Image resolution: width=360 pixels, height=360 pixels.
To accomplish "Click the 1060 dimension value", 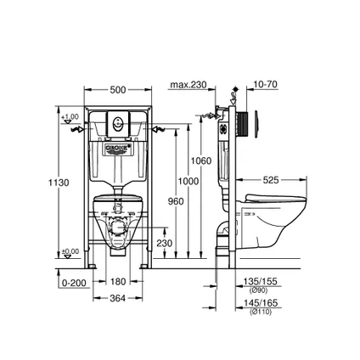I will pyautogui.click(x=201, y=161).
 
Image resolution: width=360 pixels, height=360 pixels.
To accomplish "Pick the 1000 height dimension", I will pyautogui.click(x=188, y=181).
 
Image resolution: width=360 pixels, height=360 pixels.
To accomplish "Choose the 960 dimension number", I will pyautogui.click(x=175, y=201).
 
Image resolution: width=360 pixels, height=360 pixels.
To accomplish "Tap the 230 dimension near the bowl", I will pyautogui.click(x=165, y=243).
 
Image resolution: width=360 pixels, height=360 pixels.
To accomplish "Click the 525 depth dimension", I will pyautogui.click(x=271, y=180).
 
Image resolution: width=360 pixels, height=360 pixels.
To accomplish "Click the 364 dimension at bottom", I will pyautogui.click(x=118, y=297).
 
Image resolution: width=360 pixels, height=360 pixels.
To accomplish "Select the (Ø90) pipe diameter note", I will pyautogui.click(x=259, y=290).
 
